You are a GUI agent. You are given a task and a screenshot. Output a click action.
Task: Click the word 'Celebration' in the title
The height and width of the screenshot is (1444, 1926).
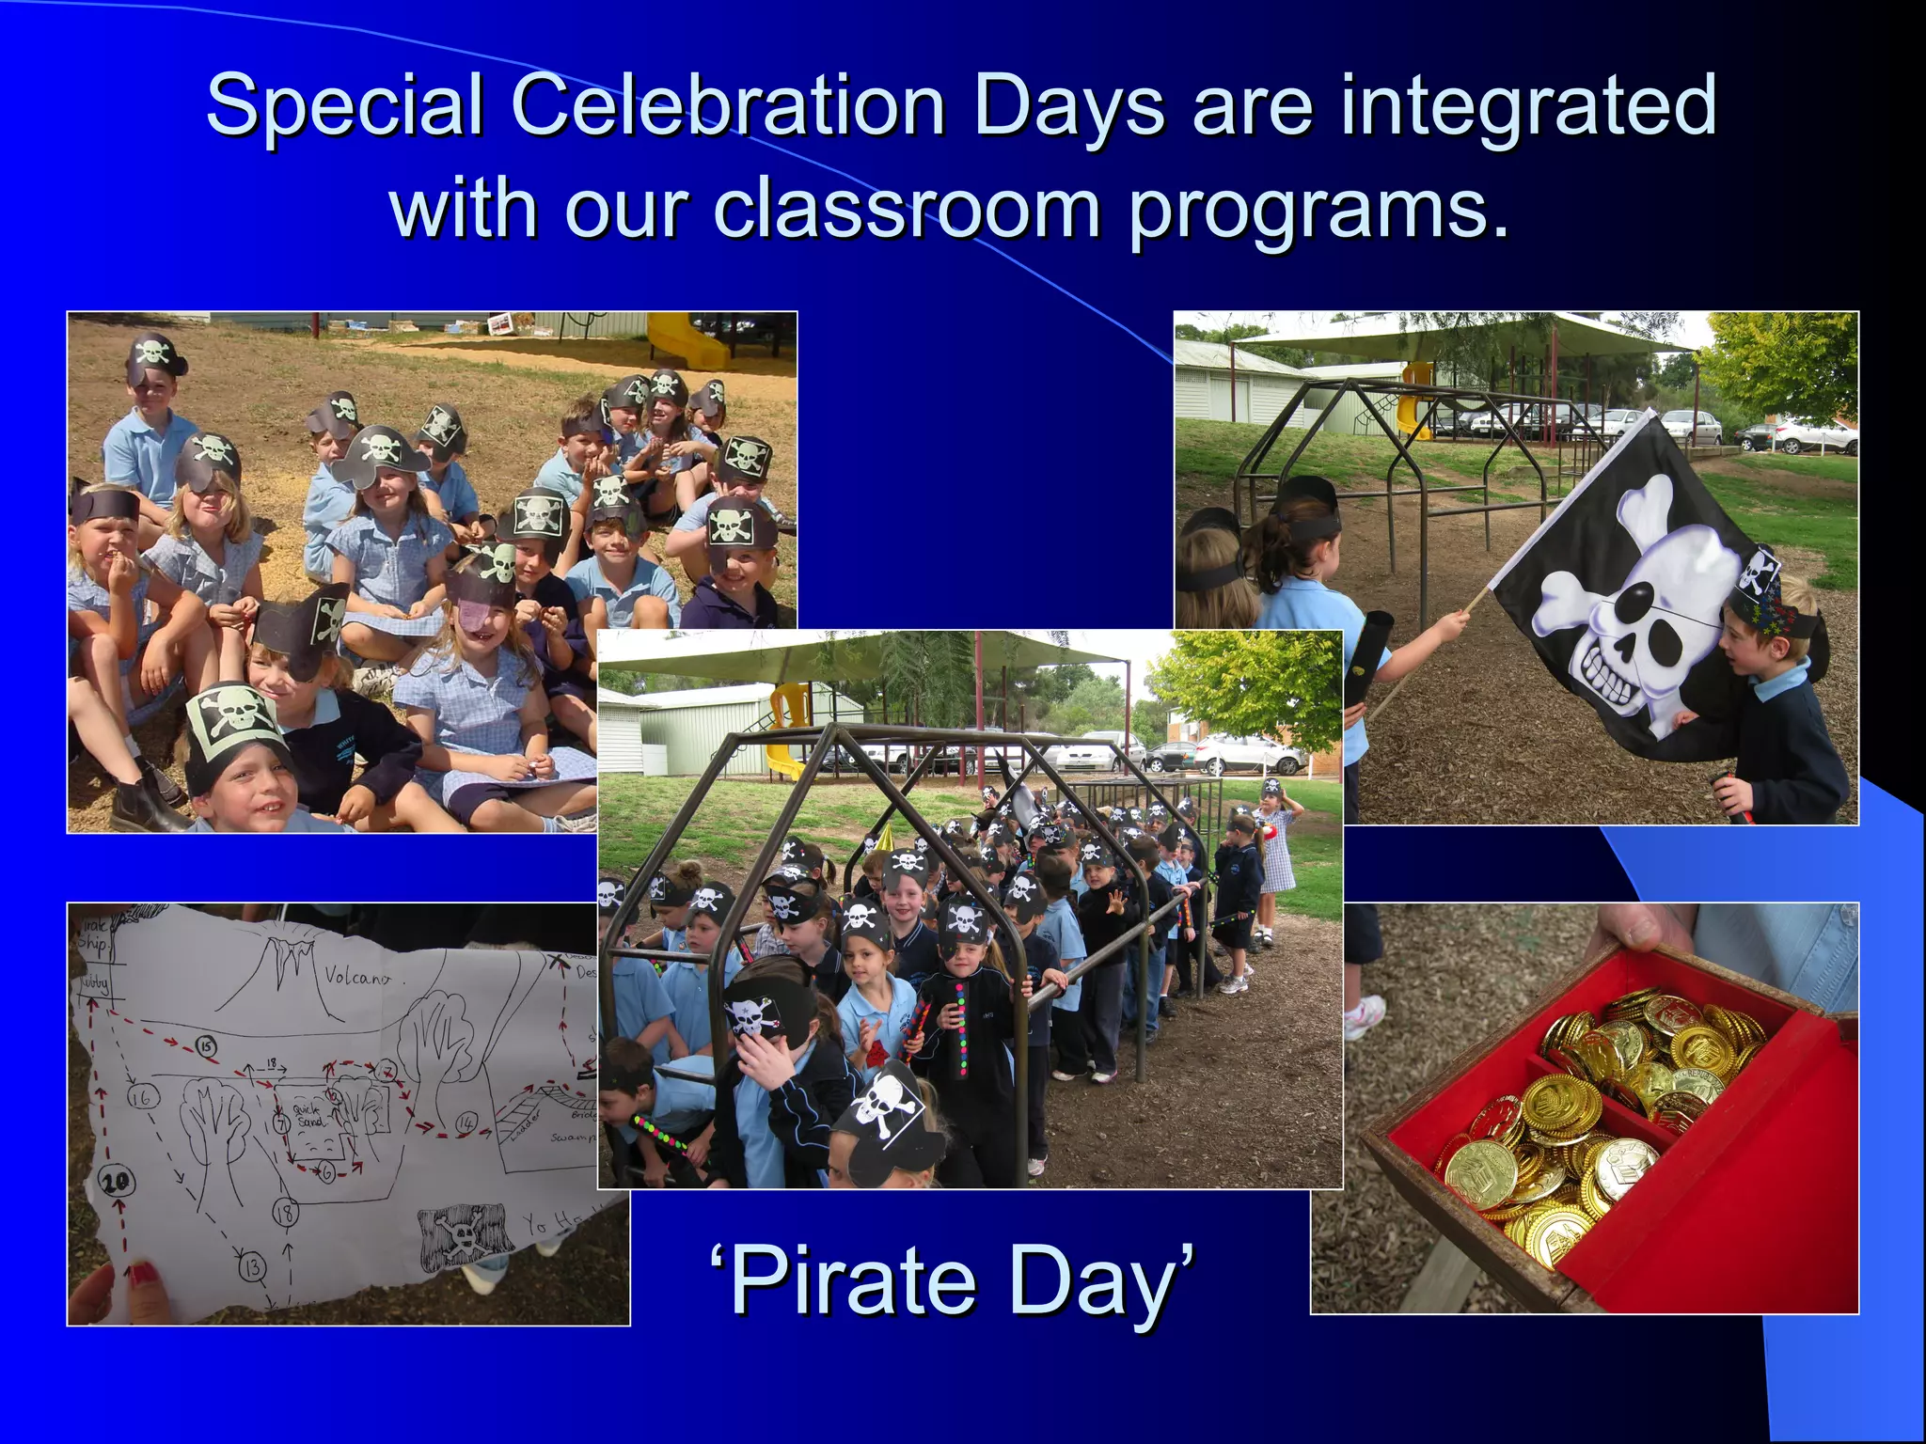[x=728, y=105]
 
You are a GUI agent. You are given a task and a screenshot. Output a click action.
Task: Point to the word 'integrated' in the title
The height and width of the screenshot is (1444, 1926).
[x=1528, y=105]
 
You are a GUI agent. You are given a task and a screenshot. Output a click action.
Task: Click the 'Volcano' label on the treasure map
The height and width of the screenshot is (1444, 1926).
[x=356, y=978]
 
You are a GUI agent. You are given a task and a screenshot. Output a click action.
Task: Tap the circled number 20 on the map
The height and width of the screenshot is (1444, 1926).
[x=117, y=1181]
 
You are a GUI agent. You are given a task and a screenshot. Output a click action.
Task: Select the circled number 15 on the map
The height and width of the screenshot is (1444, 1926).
[x=206, y=1046]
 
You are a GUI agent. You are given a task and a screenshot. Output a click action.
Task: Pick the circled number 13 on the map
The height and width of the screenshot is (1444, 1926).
[x=252, y=1268]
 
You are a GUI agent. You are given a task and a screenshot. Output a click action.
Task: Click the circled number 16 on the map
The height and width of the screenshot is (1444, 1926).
[x=144, y=1097]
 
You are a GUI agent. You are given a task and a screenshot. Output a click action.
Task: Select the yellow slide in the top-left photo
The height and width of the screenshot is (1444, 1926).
[x=687, y=341]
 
